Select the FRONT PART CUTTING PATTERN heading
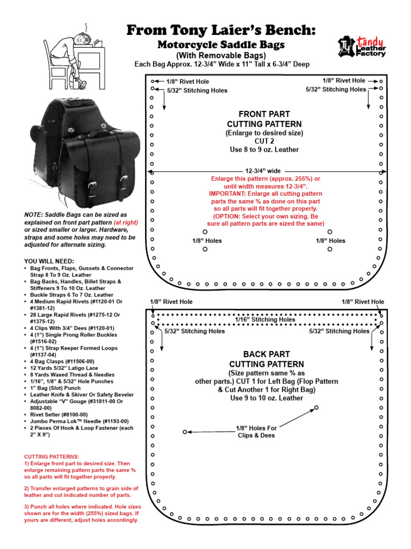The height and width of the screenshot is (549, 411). point(264,119)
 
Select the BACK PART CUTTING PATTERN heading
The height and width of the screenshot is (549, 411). point(266,359)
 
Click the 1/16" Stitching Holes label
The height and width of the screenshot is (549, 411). point(265,320)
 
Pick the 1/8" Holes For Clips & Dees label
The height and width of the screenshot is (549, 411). point(256,432)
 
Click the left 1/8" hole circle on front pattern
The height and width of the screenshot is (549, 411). point(204,232)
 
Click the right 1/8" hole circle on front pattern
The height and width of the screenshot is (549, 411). point(330,232)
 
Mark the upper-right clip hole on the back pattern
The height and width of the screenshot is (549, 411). point(316,408)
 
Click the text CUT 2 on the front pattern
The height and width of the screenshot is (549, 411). point(264,141)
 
